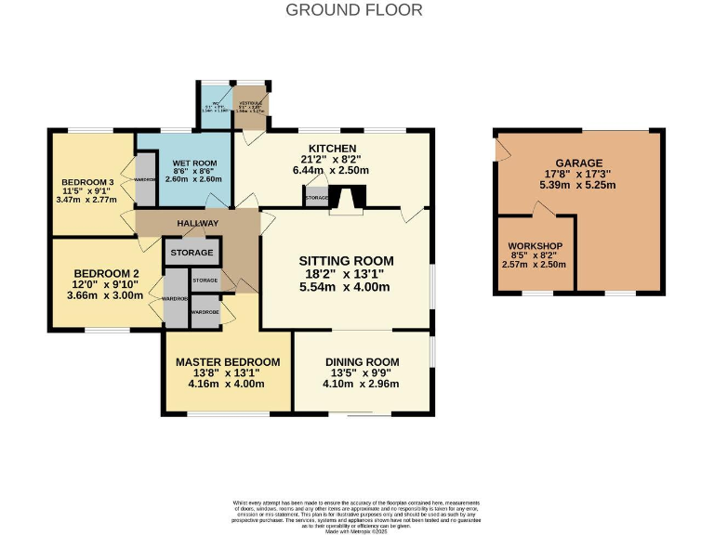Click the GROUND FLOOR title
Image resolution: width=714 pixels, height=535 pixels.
[x=353, y=10]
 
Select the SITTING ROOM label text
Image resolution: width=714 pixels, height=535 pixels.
[x=346, y=260]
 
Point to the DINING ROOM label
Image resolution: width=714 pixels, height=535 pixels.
[x=362, y=362]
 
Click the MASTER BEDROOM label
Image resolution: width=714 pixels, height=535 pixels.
[x=227, y=362]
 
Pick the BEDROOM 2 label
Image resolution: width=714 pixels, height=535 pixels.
[x=105, y=273]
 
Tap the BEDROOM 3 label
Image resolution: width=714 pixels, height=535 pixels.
[x=87, y=181]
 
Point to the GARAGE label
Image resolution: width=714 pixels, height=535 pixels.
[x=579, y=163]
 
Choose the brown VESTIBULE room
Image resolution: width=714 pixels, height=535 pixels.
[x=250, y=105]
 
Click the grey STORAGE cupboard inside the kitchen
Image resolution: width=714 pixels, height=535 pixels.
[x=317, y=198]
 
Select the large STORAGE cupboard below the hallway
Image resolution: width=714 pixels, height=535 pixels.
[x=192, y=253]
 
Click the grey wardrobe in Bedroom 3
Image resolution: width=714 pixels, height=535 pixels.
[x=145, y=179]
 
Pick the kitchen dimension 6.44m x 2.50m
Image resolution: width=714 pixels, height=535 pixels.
[x=332, y=170]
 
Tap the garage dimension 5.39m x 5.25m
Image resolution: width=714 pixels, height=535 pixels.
[x=579, y=185]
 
